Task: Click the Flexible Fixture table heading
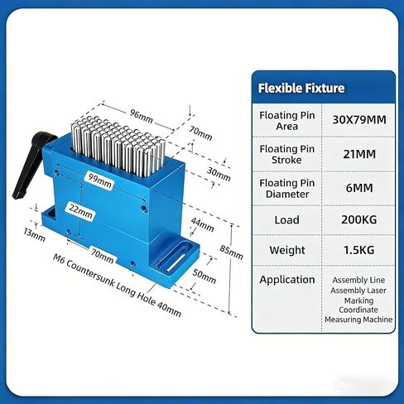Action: (x=301, y=89)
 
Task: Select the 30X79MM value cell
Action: (x=359, y=120)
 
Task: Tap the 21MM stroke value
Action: (x=359, y=154)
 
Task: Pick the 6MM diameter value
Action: (x=359, y=188)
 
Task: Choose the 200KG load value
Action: (x=359, y=219)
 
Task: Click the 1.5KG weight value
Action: (x=359, y=250)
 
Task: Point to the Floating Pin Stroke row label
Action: (x=287, y=154)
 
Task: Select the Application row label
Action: (x=287, y=280)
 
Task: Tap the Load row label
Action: (x=287, y=220)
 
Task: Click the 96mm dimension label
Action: (x=142, y=117)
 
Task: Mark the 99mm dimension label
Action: (x=100, y=181)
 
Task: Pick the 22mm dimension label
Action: (x=80, y=212)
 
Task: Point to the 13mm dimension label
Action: (x=34, y=235)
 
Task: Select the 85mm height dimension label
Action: (x=232, y=252)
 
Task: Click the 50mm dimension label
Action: (x=204, y=277)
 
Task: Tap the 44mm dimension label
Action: (x=202, y=225)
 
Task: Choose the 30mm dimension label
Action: (x=219, y=175)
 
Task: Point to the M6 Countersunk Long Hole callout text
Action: (x=117, y=286)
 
